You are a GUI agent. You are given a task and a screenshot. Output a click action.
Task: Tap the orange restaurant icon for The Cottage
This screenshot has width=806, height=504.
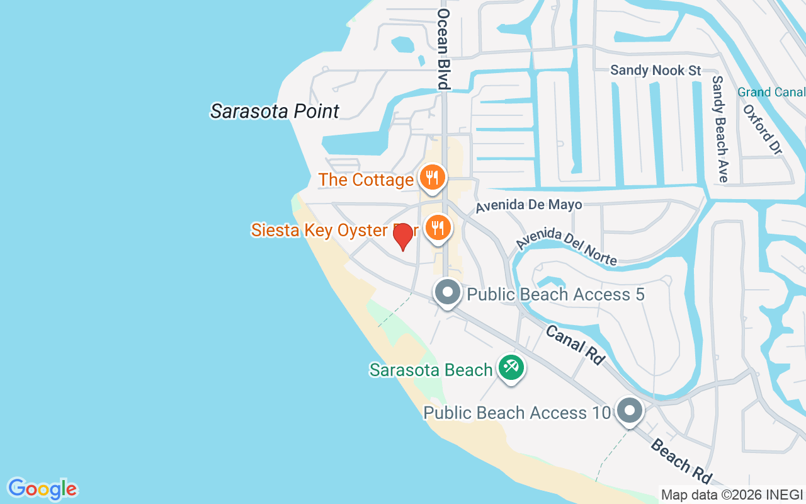click(433, 177)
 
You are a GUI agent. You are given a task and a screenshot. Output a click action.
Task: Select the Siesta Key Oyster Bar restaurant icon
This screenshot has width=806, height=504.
click(437, 227)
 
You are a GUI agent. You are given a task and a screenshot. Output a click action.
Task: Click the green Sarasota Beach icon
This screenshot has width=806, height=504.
click(511, 367)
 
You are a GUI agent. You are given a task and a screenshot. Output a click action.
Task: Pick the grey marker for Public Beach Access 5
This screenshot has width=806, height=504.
click(448, 292)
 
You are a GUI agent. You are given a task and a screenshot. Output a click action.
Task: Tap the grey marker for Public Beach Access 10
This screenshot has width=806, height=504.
click(628, 411)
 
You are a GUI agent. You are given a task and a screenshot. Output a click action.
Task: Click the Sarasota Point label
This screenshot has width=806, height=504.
click(275, 112)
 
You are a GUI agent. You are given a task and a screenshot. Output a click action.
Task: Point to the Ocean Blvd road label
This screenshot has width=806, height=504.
click(444, 49)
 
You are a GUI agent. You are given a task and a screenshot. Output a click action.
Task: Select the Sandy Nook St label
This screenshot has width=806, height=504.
click(656, 70)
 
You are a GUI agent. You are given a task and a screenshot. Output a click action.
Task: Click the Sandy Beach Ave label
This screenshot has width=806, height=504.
click(720, 129)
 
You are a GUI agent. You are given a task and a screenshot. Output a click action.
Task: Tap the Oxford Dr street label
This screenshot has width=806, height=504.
click(762, 129)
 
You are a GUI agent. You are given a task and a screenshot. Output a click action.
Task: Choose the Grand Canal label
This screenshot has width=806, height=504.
click(771, 92)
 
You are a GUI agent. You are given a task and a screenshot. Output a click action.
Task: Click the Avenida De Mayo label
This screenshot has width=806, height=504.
click(528, 205)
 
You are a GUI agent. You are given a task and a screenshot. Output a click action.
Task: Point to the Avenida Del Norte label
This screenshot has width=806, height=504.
click(566, 246)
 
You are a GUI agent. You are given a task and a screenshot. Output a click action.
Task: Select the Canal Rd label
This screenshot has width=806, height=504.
click(575, 345)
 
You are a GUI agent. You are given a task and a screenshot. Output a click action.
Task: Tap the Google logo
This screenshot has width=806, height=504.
click(42, 489)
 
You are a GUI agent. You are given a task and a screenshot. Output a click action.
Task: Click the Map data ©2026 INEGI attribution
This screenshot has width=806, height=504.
click(732, 495)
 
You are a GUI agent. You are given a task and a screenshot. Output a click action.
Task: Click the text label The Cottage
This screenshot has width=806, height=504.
click(366, 180)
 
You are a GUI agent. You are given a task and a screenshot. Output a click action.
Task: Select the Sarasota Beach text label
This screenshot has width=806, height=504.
click(431, 369)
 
